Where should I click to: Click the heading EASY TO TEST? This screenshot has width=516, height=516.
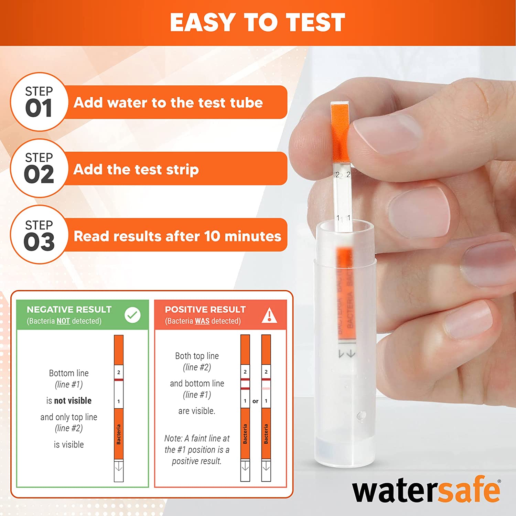coord(257,22)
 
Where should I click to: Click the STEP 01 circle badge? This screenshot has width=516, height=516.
coord(39,102)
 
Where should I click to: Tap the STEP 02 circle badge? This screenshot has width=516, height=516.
coord(39,168)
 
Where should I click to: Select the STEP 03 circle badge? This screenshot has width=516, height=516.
coord(39,235)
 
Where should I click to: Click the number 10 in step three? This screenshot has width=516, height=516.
coord(212,236)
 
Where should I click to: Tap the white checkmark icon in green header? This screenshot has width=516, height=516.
coord(132,315)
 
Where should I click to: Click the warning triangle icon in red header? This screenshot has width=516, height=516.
coord(269,315)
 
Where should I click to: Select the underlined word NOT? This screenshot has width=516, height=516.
coord(63,321)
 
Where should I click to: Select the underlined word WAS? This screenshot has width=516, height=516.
coord(202,321)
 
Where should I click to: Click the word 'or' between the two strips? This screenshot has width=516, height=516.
coord(255,401)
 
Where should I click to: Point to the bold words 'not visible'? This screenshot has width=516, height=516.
coord(73,401)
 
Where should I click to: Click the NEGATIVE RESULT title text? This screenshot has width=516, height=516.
coord(69,310)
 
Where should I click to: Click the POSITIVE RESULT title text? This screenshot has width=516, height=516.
coord(205,310)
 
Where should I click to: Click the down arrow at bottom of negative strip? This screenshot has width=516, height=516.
coord(119,467)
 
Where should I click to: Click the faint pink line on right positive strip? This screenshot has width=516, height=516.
coord(266,388)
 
